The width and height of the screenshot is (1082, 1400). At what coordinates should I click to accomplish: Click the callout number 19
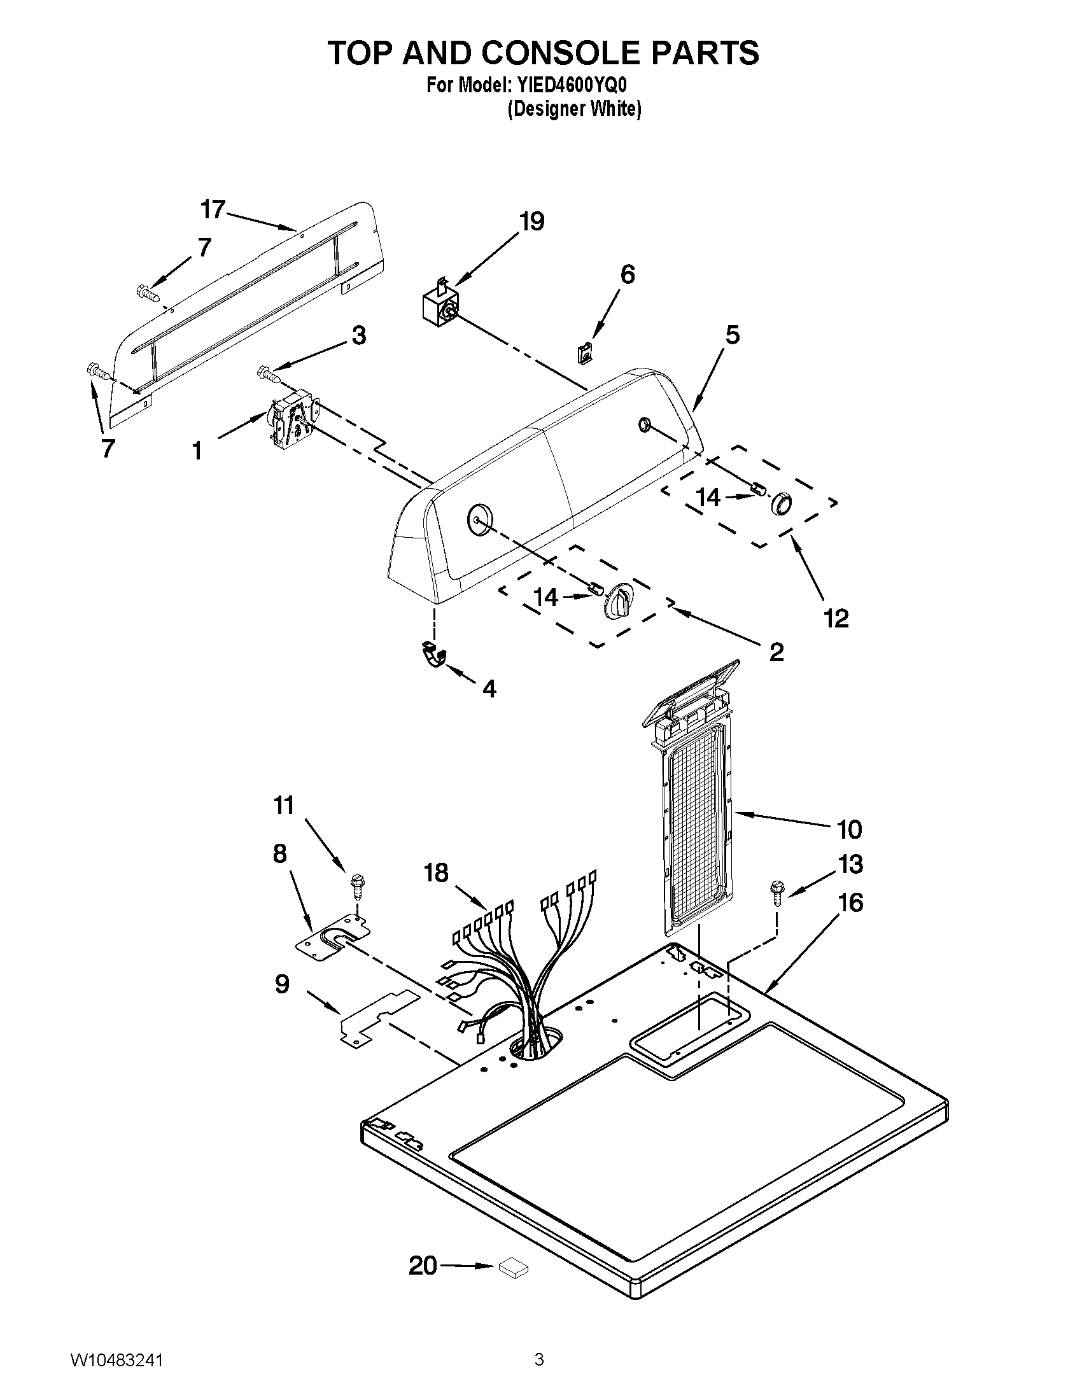[531, 222]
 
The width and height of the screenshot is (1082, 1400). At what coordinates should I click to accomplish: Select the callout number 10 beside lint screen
[849, 830]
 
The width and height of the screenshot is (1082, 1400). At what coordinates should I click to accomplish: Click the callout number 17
[213, 209]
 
